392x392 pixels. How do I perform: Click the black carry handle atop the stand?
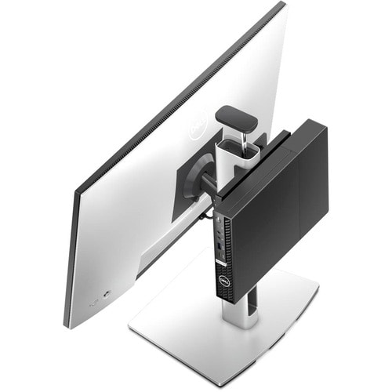[x=236, y=118]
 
